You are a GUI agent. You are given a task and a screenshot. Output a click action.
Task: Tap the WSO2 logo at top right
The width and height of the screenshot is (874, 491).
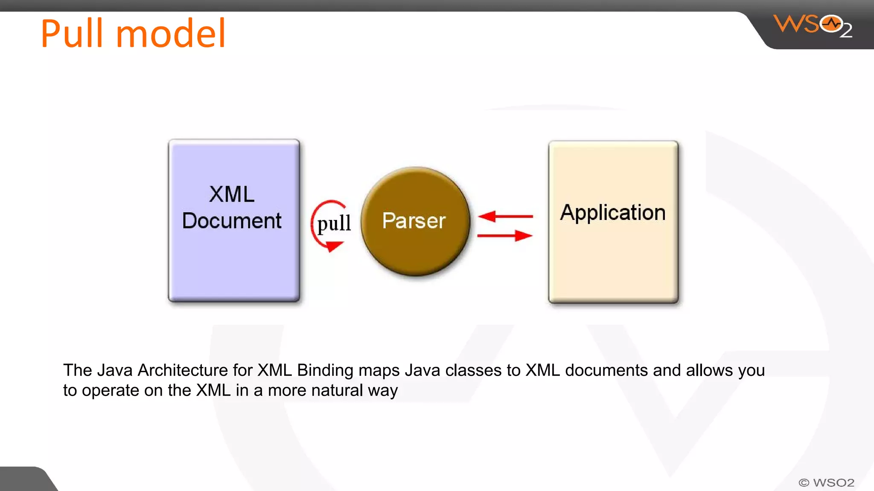[813, 26]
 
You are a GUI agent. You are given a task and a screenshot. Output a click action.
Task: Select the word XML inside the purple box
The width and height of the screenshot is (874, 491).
[232, 194]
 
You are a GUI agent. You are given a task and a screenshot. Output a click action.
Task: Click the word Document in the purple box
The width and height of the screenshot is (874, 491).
[232, 221]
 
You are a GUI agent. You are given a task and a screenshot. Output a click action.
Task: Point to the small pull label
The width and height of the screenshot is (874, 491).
[334, 223]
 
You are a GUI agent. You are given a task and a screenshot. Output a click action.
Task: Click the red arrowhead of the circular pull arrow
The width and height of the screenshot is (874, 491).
[334, 246]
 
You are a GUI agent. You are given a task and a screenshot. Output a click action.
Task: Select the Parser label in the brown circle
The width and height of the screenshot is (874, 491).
[414, 221]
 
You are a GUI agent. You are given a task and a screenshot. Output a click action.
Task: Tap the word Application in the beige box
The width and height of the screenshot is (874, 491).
[613, 212]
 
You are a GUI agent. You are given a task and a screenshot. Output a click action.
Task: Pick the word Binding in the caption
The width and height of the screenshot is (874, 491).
[325, 370]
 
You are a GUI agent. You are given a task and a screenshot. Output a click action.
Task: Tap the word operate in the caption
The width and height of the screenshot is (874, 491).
[111, 391]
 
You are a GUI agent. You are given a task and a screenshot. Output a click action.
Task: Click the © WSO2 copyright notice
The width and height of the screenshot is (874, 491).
[826, 482]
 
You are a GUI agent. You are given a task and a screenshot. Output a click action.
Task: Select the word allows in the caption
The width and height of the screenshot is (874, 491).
[709, 370]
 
